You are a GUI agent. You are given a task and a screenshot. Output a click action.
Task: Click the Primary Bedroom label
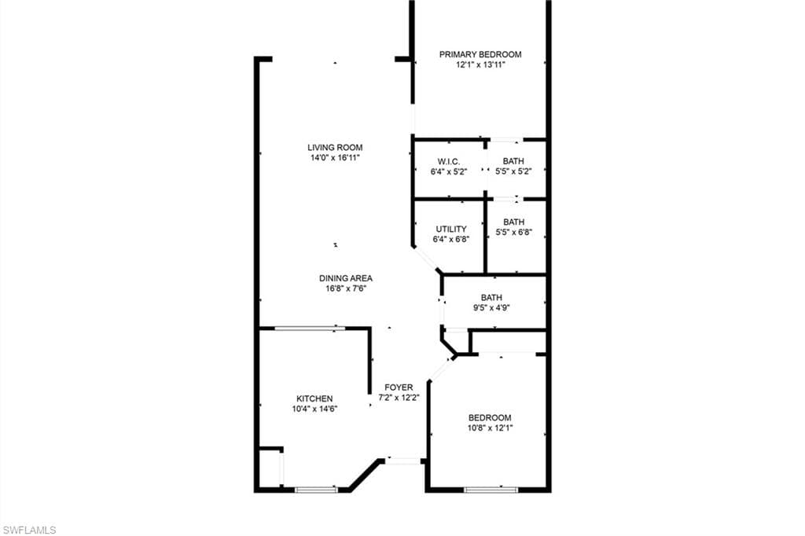click(480, 54)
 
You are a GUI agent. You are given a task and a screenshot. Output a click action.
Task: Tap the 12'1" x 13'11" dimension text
click(480, 64)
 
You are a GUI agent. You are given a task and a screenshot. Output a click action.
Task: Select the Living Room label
click(335, 147)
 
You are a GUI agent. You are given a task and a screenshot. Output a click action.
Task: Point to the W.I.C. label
click(449, 162)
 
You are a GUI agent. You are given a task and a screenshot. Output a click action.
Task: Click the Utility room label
click(451, 229)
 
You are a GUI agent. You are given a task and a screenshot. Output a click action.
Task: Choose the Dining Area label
click(346, 278)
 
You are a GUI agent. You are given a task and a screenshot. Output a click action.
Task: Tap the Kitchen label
click(314, 398)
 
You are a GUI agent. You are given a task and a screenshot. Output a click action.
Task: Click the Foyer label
click(399, 387)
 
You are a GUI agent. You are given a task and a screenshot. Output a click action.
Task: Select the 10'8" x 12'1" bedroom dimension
click(491, 428)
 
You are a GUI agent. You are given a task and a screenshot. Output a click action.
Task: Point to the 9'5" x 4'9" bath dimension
click(491, 308)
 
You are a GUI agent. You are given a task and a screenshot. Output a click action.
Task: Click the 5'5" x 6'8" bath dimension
click(513, 232)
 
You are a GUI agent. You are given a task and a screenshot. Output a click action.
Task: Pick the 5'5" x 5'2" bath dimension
click(513, 171)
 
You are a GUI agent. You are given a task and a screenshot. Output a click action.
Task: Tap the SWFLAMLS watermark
click(29, 530)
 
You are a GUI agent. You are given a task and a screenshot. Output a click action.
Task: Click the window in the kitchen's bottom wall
click(316, 490)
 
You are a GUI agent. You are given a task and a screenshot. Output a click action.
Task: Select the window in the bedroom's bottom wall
click(491, 490)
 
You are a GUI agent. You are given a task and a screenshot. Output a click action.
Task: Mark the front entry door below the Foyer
click(403, 461)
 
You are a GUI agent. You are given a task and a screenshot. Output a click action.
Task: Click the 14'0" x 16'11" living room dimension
click(335, 158)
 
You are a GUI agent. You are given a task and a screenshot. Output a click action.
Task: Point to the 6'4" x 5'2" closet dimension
click(449, 172)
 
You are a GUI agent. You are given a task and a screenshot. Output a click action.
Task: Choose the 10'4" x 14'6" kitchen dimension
click(314, 409)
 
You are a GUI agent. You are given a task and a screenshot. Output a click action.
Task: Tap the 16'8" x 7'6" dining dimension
click(346, 288)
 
